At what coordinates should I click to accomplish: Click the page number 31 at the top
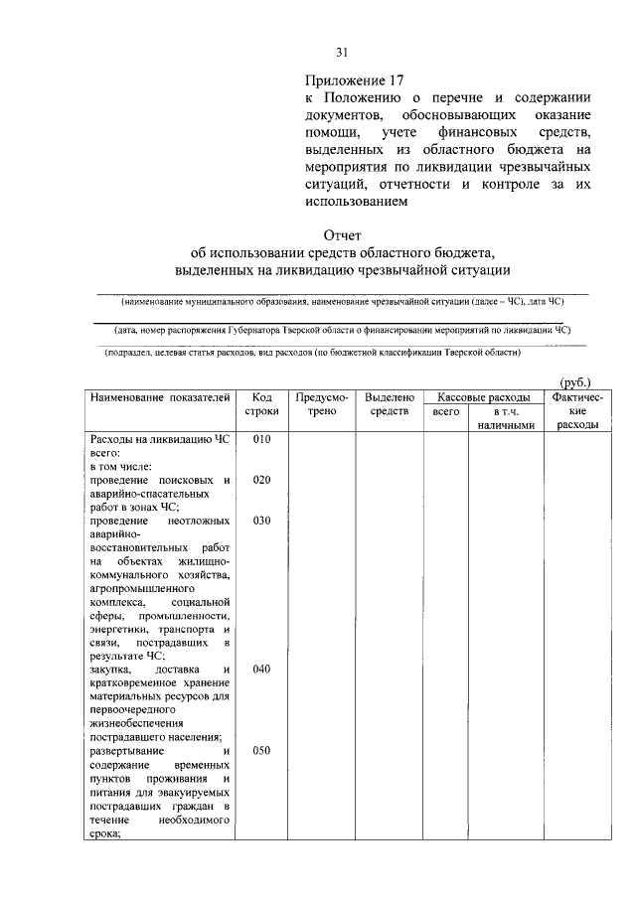pyautogui.click(x=341, y=53)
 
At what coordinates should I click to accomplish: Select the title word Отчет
pyautogui.click(x=342, y=234)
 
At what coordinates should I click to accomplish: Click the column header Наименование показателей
pyautogui.click(x=160, y=397)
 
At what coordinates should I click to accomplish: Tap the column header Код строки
pyautogui.click(x=262, y=404)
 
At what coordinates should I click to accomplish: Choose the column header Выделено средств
pyautogui.click(x=383, y=404)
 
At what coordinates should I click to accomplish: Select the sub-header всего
pyautogui.click(x=446, y=411)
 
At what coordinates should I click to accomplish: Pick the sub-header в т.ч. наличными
pyautogui.click(x=506, y=418)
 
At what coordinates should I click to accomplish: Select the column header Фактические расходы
pyautogui.click(x=577, y=410)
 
